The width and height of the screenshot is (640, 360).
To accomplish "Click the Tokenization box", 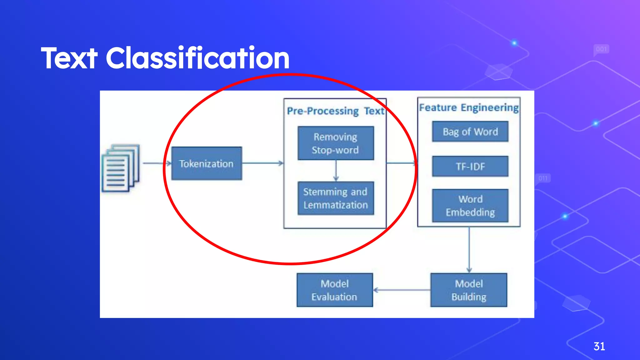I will pos(207,163).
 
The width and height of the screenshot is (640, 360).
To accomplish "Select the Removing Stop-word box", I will pos(336,143).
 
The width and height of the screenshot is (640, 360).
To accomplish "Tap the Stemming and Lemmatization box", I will pos(336,198).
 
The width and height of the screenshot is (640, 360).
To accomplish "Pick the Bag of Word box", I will pos(470,132).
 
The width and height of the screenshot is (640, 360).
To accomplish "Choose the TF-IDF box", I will pos(470,166).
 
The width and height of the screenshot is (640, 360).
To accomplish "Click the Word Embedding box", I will pos(470,206).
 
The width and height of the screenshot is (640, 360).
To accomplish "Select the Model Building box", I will pos(469,290).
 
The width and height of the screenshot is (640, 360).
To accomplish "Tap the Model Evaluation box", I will pos(334,290).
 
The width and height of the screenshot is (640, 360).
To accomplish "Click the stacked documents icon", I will pos(121,168).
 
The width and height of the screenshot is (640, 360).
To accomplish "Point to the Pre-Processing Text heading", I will pos(335,111).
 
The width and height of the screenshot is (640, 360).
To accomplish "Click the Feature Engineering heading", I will pos(469,107).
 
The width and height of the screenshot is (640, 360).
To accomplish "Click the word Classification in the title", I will pos(197,58).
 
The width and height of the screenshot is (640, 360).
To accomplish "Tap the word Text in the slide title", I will pos(69,58).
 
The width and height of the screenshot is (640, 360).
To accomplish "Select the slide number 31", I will pos(599,346).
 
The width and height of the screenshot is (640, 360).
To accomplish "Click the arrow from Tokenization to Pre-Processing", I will pos(262,163).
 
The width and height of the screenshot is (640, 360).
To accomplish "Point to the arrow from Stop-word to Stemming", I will pos(336,171).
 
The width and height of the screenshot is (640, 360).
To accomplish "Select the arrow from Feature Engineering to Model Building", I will pos(469,250).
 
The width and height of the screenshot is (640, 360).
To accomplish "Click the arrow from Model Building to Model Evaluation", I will pos(402,290).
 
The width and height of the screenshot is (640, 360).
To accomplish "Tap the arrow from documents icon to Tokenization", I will pos(156,163).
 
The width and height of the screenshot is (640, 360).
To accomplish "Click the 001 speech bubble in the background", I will pos(601,49).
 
